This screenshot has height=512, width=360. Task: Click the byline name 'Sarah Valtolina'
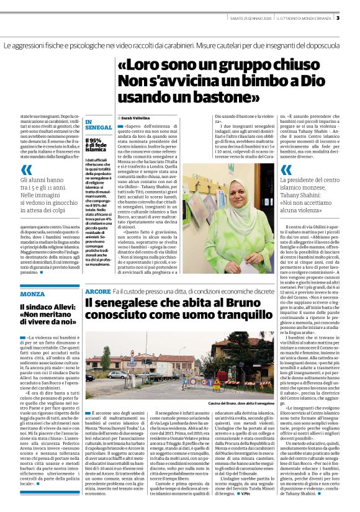135,117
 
